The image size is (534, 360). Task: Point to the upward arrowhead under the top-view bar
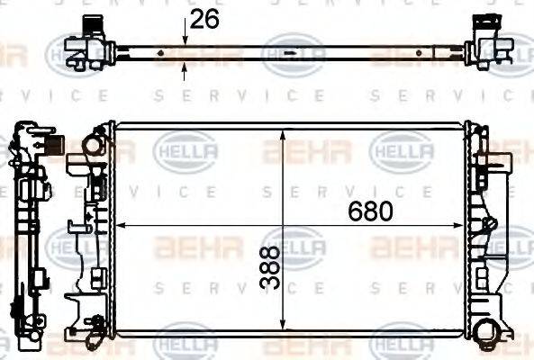pyautogui.click(x=186, y=66)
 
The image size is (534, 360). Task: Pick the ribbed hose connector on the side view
pyautogui.click(x=53, y=144)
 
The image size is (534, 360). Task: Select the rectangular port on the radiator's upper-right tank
pyautogui.click(x=494, y=167)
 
